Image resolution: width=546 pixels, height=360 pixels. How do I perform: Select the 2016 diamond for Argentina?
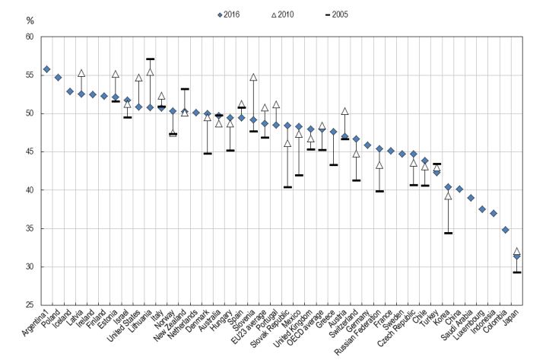(46, 69)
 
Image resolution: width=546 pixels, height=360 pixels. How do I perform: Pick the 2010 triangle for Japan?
(516, 251)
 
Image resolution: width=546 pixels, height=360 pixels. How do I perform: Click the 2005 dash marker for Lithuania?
(150, 59)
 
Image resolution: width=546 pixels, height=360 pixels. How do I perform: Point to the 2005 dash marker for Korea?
(448, 233)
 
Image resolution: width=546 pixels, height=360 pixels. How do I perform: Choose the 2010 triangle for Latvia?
(81, 73)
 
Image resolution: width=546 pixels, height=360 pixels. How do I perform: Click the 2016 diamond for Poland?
(58, 77)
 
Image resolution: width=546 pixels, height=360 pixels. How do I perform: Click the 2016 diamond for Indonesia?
(494, 213)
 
